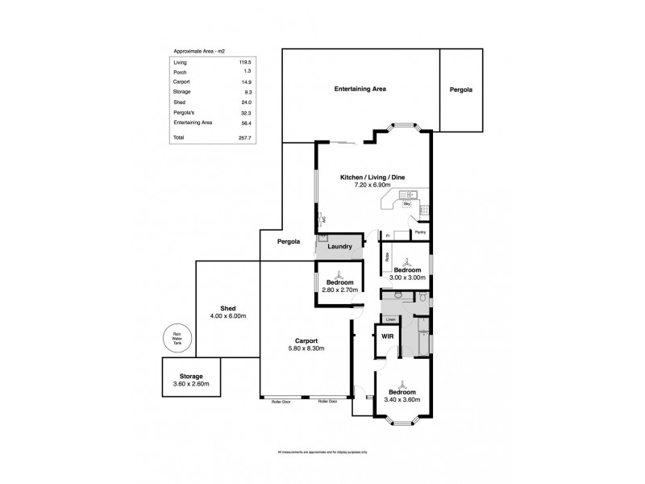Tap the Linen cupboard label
coord(389,318)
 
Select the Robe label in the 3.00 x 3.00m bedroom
coord(387,259)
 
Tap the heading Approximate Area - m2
coord(196,49)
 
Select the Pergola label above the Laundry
coord(289,241)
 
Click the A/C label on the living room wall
coord(322,219)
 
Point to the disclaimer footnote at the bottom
coord(322,451)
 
